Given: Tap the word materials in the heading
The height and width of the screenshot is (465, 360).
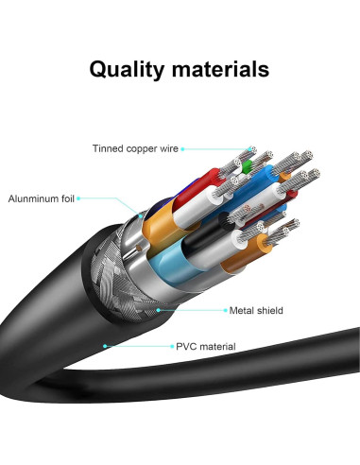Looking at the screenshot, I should pos(222,69).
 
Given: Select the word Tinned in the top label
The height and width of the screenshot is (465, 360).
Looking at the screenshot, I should pos(109,149).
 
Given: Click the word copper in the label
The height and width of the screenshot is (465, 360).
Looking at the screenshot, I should pos(144,149).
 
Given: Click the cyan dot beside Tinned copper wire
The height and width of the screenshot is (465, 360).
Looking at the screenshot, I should pos(181,149).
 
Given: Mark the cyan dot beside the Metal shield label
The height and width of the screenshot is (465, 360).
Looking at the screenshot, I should pos(159,308).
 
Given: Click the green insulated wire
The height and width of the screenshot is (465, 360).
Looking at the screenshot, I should pos(245,168).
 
